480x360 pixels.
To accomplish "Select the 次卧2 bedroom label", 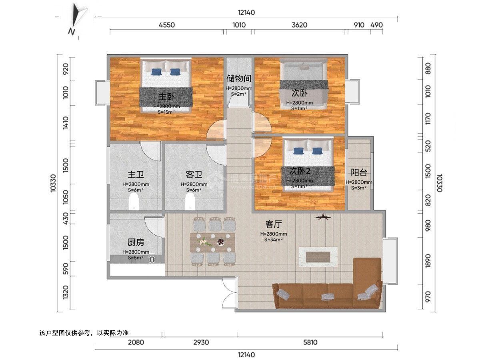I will (300, 171).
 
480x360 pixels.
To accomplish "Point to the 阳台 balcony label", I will (359, 172).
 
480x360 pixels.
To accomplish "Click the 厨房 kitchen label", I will (136, 242).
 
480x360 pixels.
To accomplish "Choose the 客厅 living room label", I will (273, 224).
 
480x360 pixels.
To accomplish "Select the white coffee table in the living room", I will (319, 256).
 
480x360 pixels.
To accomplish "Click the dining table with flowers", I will (212, 242).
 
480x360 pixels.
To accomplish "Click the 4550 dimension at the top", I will (166, 25).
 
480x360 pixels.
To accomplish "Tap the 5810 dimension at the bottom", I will (310, 342).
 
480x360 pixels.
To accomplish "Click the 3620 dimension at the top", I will (299, 25).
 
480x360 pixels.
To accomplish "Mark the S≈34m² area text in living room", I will (274, 240).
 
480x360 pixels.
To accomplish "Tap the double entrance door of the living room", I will (228, 293).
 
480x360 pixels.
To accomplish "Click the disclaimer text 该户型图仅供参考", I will (84, 332).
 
